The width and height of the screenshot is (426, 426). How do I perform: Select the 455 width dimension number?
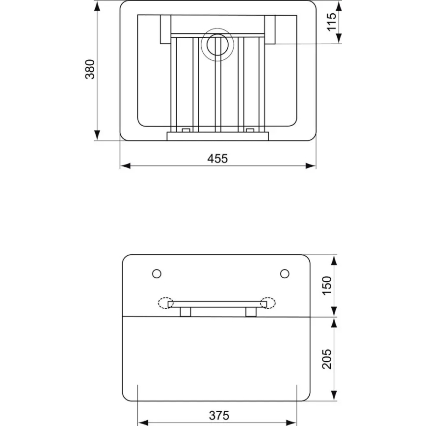(217, 159)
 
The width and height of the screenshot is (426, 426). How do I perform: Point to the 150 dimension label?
(326, 286)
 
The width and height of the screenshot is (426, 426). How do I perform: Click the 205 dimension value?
(326, 359)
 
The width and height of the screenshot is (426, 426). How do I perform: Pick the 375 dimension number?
(219, 415)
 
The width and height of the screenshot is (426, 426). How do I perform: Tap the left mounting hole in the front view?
(157, 273)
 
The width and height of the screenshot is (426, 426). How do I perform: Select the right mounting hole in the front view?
(285, 273)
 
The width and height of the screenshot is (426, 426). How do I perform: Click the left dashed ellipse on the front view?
(166, 303)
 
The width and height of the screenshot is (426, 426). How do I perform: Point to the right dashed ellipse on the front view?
(268, 303)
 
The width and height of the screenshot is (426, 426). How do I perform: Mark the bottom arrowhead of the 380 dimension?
(97, 135)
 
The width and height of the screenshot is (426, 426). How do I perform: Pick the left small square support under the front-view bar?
(186, 312)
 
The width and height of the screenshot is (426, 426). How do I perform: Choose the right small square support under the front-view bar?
(251, 312)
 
